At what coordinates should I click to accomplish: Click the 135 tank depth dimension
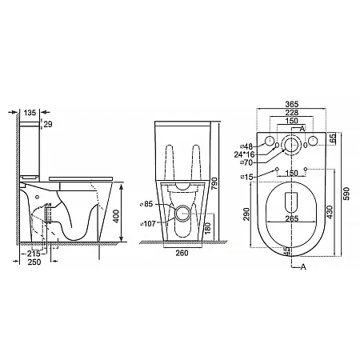(x=30, y=113)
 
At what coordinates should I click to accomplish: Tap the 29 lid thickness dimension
(x=48, y=124)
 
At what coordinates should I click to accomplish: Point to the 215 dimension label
(x=34, y=254)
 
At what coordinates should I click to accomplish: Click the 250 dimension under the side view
(x=34, y=262)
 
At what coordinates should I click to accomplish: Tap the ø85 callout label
(x=146, y=204)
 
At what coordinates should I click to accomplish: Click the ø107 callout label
(x=148, y=224)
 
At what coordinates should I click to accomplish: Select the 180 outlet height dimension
(x=209, y=228)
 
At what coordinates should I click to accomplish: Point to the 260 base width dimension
(x=182, y=253)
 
